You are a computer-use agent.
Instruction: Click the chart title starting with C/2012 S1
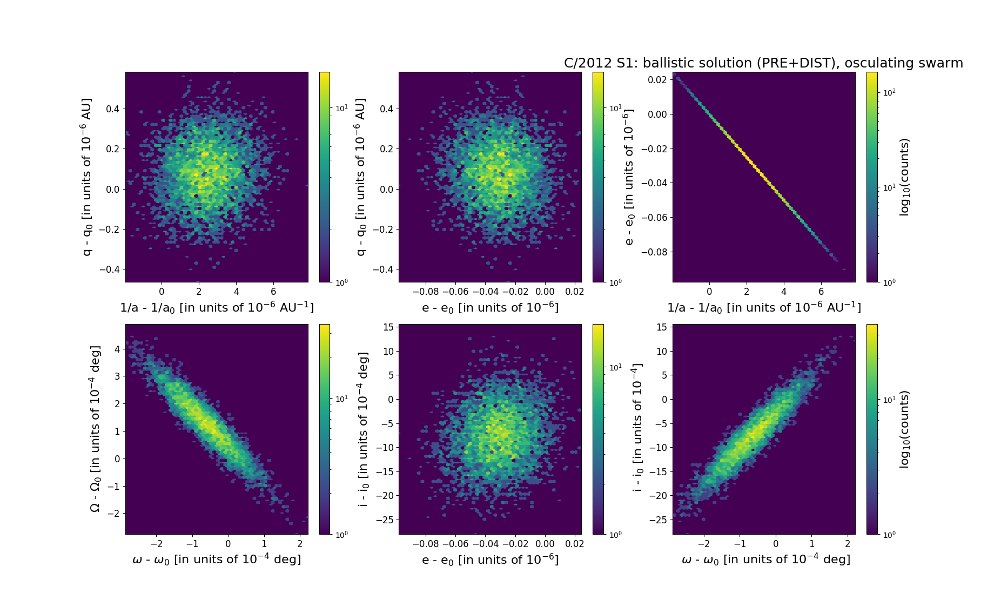[763, 63]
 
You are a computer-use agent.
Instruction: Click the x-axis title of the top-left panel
[217, 307]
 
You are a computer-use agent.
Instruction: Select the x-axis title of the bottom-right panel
[766, 559]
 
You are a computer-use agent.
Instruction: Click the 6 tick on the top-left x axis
[274, 292]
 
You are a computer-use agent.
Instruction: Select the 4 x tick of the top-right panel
[784, 292]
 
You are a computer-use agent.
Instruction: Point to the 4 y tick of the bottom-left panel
[117, 349]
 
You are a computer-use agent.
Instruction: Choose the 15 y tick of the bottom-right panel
[661, 327]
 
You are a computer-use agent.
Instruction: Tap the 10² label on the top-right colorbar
[889, 92]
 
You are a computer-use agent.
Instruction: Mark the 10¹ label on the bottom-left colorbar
[341, 399]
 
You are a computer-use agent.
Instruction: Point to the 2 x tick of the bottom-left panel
[300, 544]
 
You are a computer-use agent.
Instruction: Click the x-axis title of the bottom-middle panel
[490, 559]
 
